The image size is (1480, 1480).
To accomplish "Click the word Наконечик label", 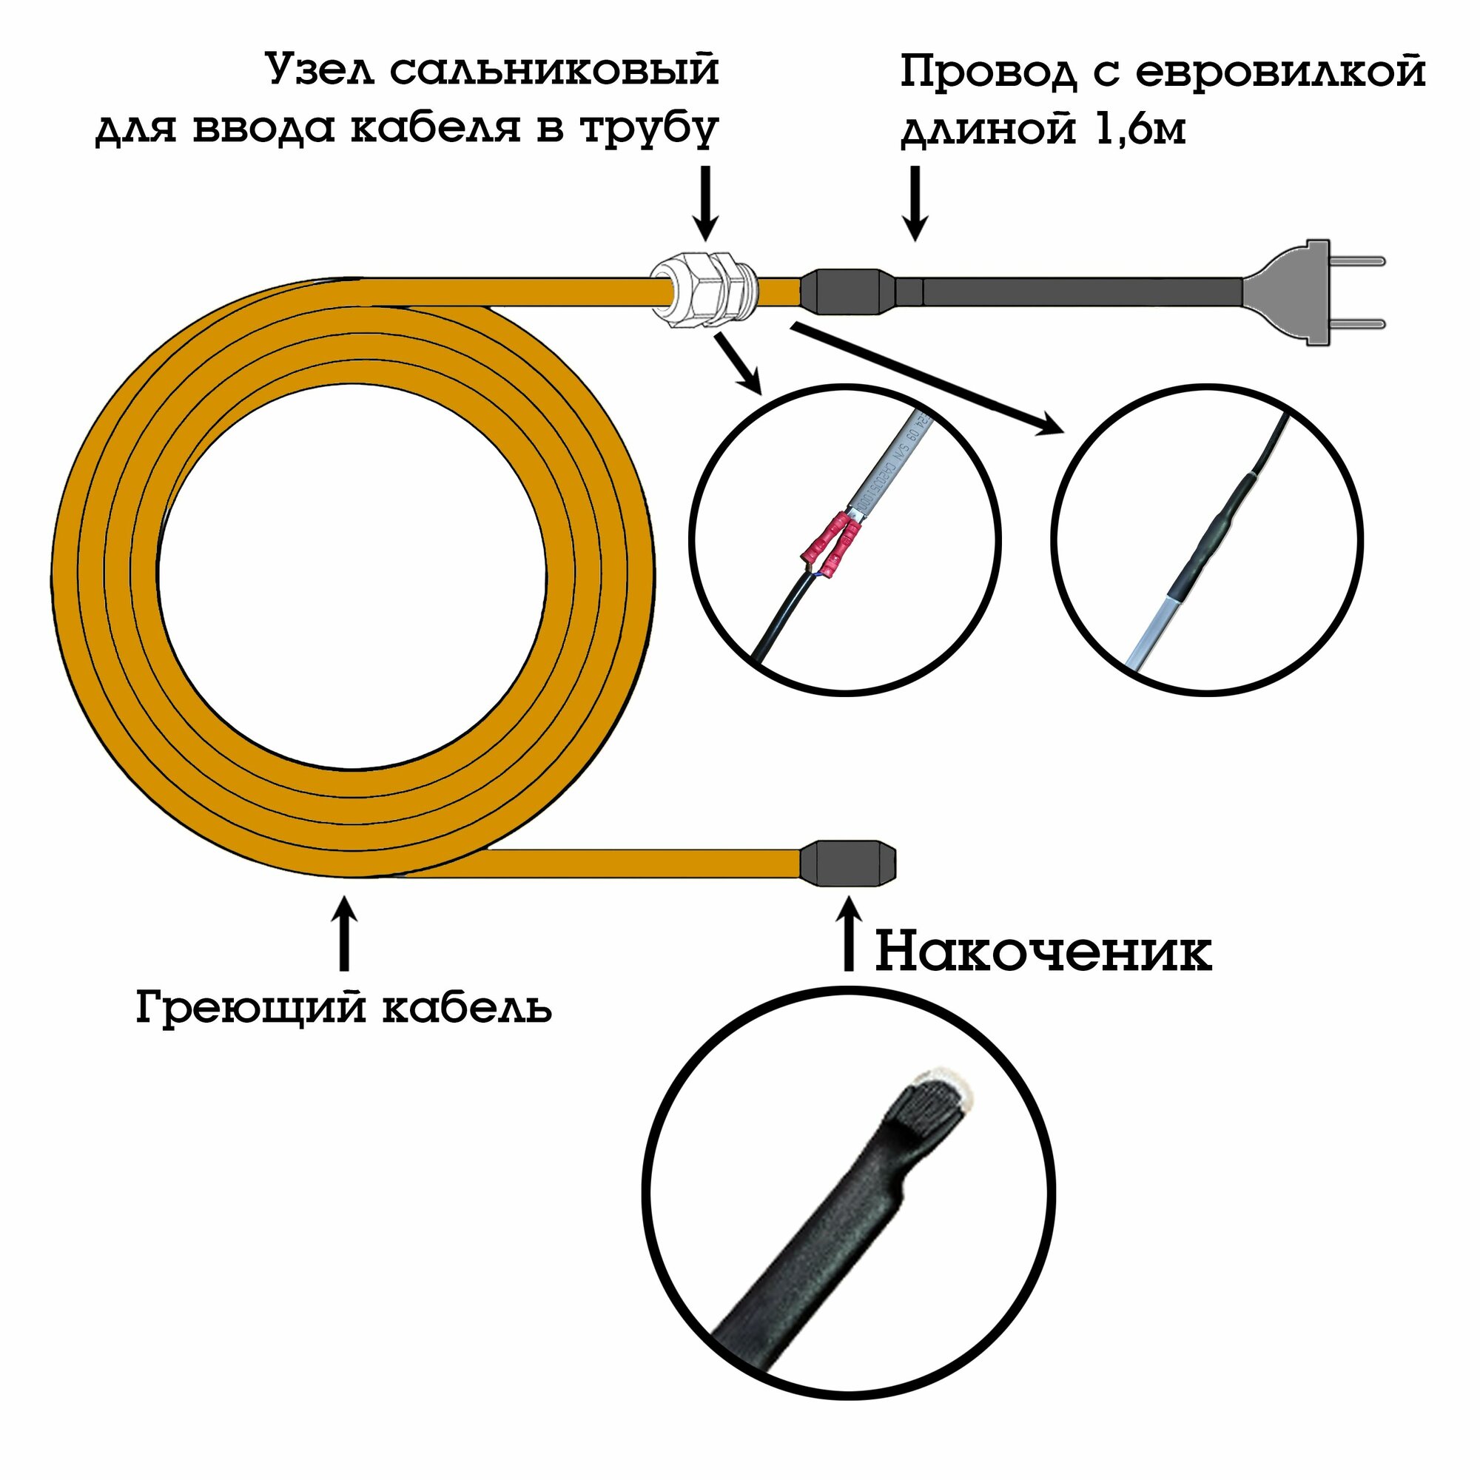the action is (1043, 952).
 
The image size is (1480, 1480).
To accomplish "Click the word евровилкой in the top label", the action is (1280, 73).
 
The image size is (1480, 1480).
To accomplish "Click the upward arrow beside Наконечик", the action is (847, 934).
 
